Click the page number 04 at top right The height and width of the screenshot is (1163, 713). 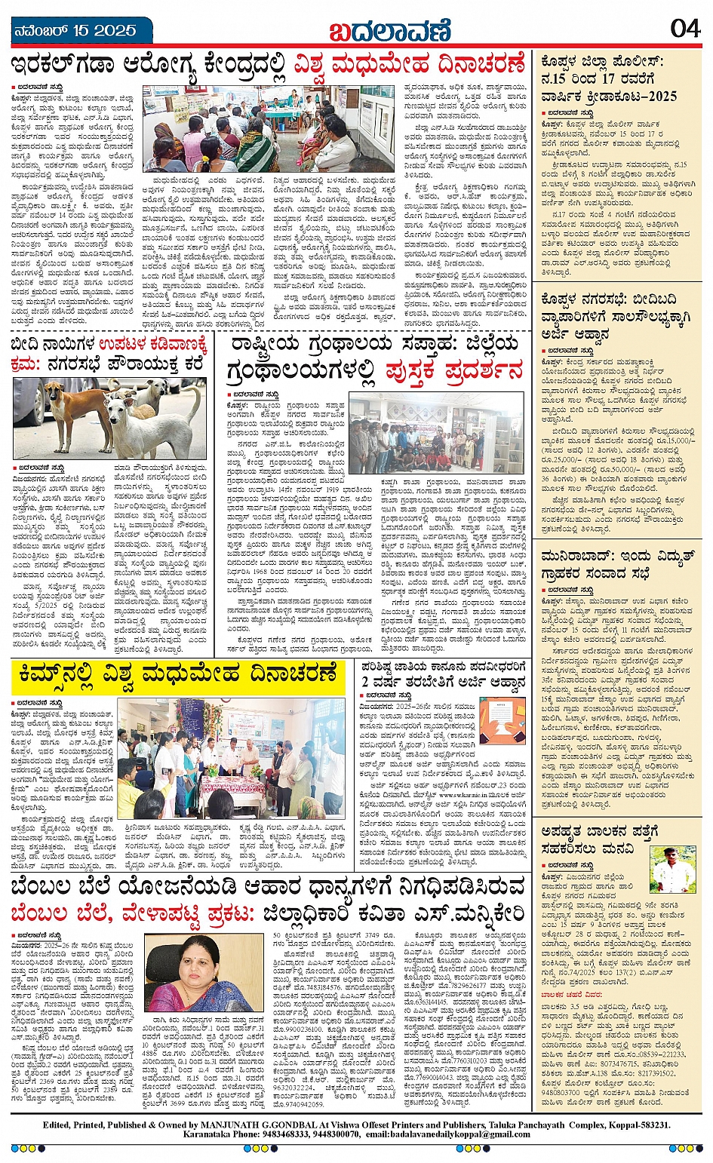[684, 29]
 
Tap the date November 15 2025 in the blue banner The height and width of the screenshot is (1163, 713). [75, 31]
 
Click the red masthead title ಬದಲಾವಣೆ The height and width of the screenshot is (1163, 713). [389, 31]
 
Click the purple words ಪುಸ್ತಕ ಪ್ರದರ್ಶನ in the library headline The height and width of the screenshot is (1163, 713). [453, 371]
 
